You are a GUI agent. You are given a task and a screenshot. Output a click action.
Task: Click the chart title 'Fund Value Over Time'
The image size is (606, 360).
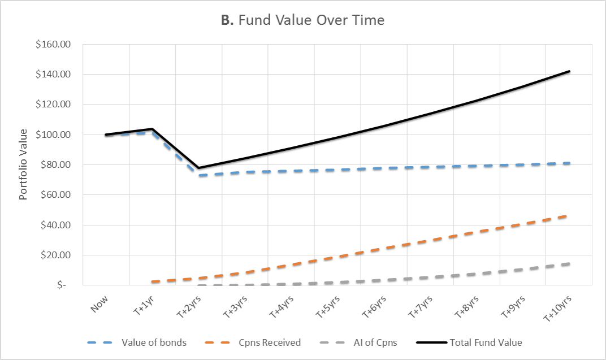pyautogui.click(x=302, y=20)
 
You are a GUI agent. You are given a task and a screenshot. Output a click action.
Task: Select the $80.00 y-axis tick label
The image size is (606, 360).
pyautogui.click(x=57, y=165)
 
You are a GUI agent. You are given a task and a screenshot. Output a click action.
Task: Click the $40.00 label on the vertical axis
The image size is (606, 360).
pyautogui.click(x=57, y=225)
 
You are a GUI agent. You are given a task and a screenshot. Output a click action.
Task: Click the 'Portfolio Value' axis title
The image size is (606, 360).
pyautogui.click(x=23, y=164)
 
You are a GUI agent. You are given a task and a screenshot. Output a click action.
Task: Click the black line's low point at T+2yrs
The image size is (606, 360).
pyautogui.click(x=199, y=168)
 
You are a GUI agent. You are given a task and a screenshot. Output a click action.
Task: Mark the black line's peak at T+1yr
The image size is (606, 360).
pyautogui.click(x=153, y=129)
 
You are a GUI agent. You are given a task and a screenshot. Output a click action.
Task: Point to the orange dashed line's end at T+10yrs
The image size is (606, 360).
pyautogui.click(x=569, y=215)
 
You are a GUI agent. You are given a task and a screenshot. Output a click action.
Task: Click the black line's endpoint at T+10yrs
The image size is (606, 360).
pyautogui.click(x=569, y=71)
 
